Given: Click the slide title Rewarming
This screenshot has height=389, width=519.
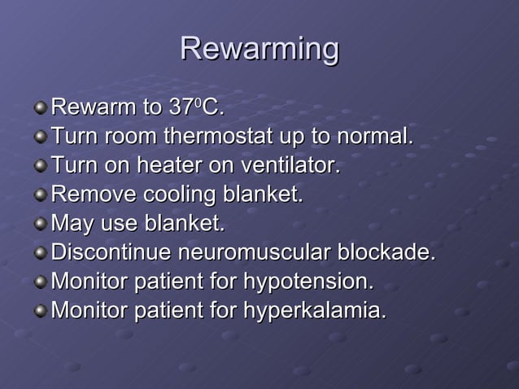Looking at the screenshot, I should [259, 49].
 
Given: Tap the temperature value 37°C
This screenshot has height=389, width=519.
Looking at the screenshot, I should [196, 107].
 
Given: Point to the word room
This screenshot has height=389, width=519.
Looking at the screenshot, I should [129, 136].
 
